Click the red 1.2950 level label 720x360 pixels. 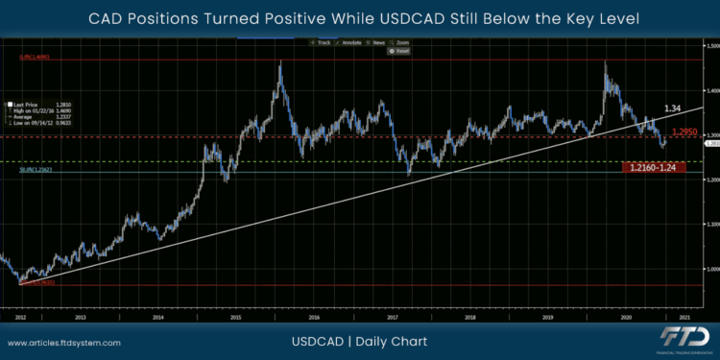pos(684,132)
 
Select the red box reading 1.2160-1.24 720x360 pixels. pos(657,168)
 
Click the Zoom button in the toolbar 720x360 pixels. pos(401,43)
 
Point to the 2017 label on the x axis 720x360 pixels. pos(392,316)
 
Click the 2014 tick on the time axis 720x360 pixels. pos(157,316)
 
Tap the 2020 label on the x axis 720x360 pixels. pos(626,316)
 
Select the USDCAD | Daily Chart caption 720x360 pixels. pos(359,342)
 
